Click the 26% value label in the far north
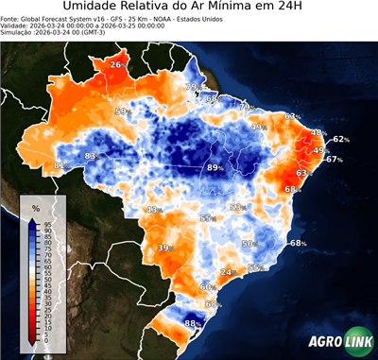tap(116, 64)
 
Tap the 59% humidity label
tap(121, 111)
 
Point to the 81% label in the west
tap(60, 166)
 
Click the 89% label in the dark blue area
tap(215, 167)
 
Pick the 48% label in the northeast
tap(318, 133)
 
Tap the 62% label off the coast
tap(340, 139)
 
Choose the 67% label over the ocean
tap(334, 160)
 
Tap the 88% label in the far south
tap(191, 324)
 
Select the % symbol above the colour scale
tap(35, 207)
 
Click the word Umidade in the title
tap(93, 8)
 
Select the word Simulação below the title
tap(18, 34)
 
